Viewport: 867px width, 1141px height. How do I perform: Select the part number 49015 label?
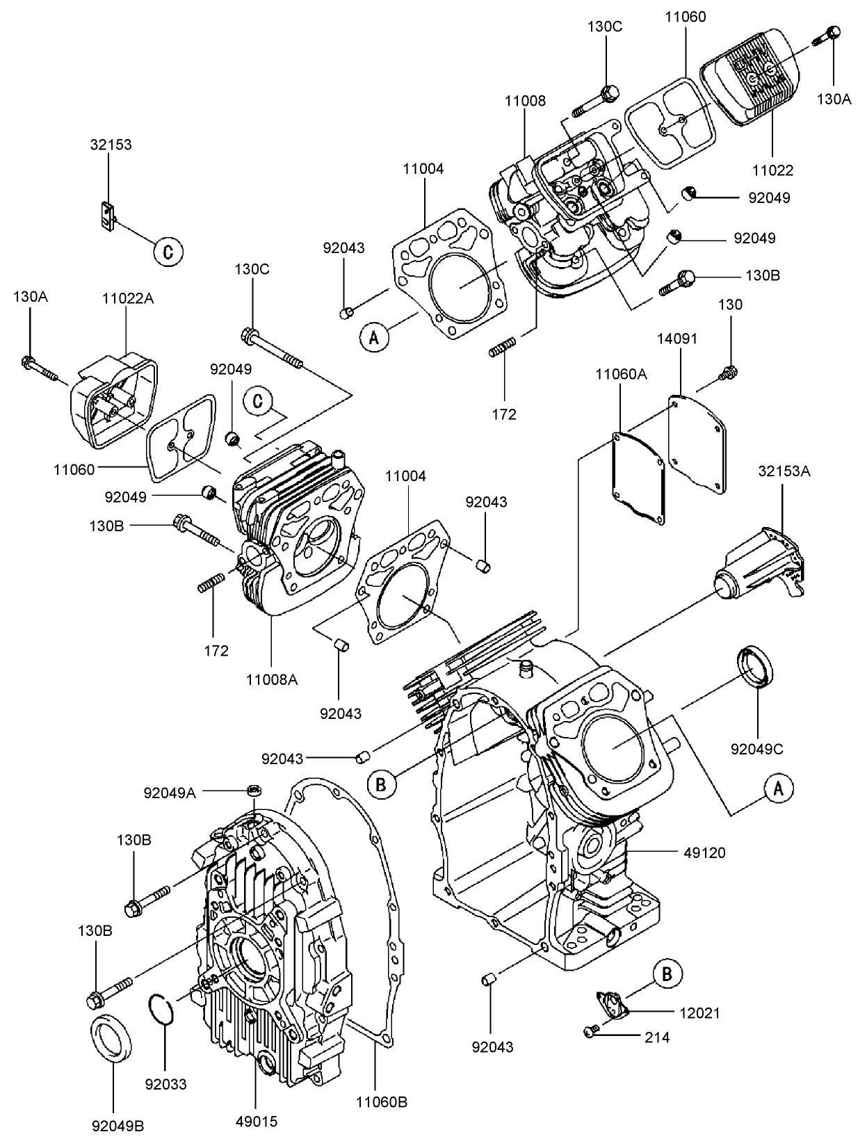coord(255,1122)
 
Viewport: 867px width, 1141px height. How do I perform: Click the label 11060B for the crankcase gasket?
coord(381,1102)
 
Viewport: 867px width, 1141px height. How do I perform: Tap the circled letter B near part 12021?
coord(667,975)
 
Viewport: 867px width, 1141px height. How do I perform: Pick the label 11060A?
coord(620,374)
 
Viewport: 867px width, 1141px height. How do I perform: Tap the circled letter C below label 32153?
coord(168,251)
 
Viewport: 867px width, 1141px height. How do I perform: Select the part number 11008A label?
coord(271,680)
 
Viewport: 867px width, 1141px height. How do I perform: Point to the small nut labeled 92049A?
coord(254,791)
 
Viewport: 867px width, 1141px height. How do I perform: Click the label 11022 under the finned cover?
coord(772,170)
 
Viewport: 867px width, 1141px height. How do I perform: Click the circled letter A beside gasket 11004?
coord(373,338)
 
